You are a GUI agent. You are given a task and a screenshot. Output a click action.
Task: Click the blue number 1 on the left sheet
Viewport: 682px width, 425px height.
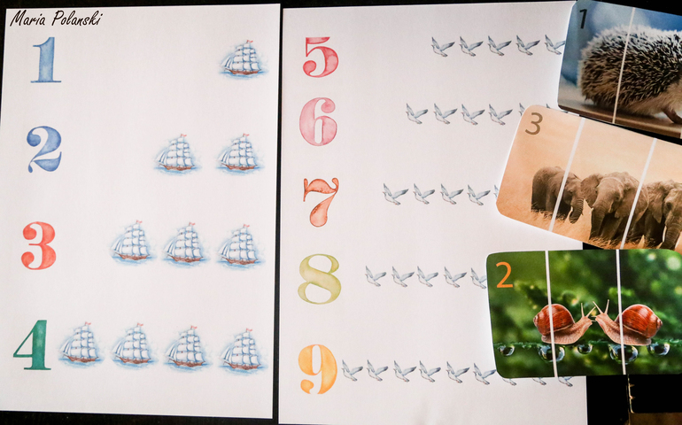pos(46,59)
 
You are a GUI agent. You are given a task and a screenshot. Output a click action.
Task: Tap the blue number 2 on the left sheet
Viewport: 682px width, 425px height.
pos(44,149)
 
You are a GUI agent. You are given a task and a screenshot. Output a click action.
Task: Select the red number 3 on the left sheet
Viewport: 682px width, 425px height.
pos(39,245)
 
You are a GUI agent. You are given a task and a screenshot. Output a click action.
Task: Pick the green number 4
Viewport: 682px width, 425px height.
pos(32,345)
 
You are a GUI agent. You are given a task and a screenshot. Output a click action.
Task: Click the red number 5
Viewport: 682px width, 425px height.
pos(321,57)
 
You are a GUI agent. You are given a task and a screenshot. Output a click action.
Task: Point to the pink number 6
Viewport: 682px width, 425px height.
pos(318,121)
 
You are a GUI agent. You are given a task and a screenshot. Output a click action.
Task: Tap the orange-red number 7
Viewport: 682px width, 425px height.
pos(321,202)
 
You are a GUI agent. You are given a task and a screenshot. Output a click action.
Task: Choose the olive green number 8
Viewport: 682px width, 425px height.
pos(319,279)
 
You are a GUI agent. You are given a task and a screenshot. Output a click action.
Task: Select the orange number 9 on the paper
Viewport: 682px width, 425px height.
pos(318,369)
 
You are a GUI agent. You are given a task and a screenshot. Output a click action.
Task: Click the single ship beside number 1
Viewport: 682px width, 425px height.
pos(243,58)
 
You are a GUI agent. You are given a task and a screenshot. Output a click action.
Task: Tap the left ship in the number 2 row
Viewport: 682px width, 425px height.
pos(176,153)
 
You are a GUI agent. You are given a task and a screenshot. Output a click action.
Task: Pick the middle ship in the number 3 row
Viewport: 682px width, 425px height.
pos(185,243)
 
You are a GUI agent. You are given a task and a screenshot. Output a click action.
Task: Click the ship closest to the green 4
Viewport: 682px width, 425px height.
pos(81,344)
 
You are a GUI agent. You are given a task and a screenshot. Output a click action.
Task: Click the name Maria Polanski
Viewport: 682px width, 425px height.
pos(56,19)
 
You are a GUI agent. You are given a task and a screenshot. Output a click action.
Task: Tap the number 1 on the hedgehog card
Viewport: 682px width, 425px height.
pos(583,19)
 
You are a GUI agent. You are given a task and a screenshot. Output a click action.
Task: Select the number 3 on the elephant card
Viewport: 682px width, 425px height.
pos(533,125)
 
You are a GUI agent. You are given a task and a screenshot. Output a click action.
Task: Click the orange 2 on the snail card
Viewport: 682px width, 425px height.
pos(505,275)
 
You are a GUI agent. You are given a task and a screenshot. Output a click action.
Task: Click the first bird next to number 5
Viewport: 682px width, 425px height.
pos(442,47)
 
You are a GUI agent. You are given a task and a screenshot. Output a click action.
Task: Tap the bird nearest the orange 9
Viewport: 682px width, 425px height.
pos(352,370)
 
